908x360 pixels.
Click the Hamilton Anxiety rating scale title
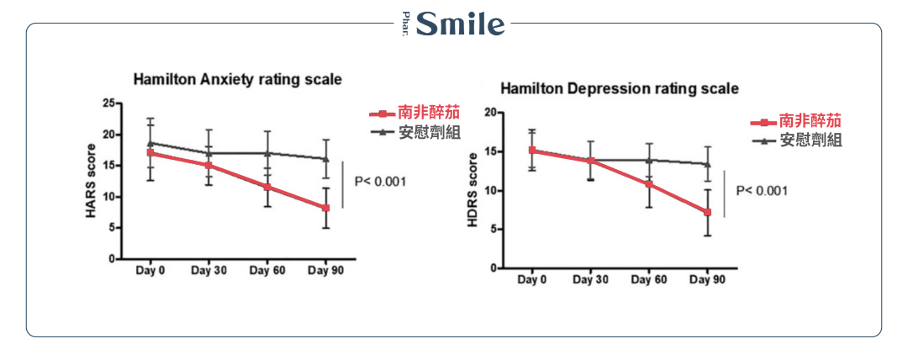coord(238,80)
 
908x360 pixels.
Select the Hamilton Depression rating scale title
coord(620,88)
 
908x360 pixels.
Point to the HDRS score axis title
coord(473,190)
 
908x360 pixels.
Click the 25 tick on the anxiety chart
coord(108,103)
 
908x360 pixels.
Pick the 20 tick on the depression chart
coord(491,112)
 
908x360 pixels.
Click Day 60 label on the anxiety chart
coord(267,271)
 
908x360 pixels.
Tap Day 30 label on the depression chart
coord(590,279)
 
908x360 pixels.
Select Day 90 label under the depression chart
coord(707,279)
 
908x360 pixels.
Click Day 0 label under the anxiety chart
coord(150,271)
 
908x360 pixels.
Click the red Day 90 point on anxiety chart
coord(326,208)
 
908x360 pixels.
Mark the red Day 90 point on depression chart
coord(708,213)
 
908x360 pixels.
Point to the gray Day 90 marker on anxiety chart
coord(326,159)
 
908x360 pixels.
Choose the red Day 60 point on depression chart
coord(649,184)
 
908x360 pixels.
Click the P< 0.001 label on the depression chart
coord(762,191)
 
